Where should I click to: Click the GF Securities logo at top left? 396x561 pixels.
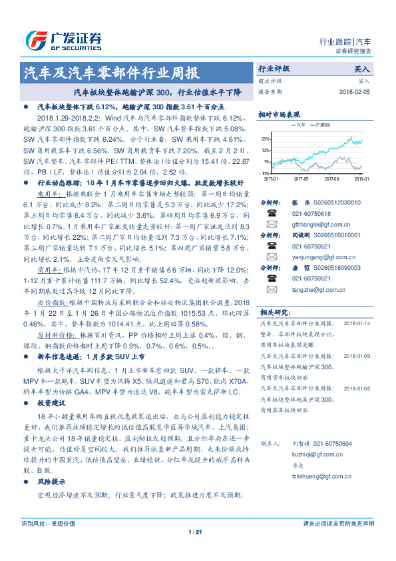pos(63,39)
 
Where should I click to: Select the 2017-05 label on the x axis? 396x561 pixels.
pos(301,179)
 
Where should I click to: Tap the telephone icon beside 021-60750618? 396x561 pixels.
pos(272,213)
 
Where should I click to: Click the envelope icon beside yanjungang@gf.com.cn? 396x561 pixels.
pos(272,257)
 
